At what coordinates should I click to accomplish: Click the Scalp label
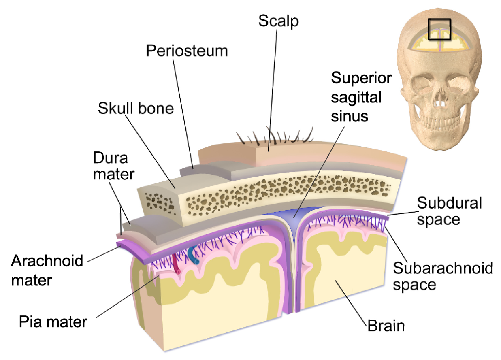point(278,21)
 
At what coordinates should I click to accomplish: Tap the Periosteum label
point(187,51)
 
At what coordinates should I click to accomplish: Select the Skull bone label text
point(136,108)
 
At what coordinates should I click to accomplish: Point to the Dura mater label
point(114,166)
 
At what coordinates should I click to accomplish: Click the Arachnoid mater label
point(47,270)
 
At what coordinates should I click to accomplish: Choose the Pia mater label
point(53,322)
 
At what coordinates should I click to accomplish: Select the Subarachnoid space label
point(443,276)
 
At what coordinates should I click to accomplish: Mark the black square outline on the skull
point(439,30)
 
